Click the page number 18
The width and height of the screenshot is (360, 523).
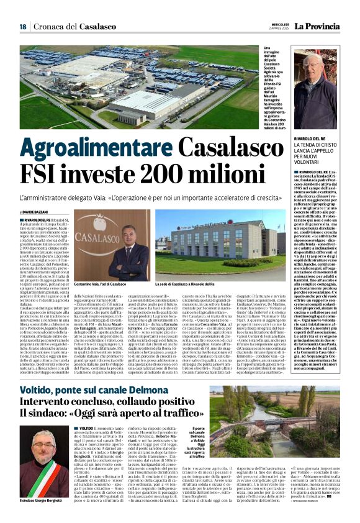click(23, 26)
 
